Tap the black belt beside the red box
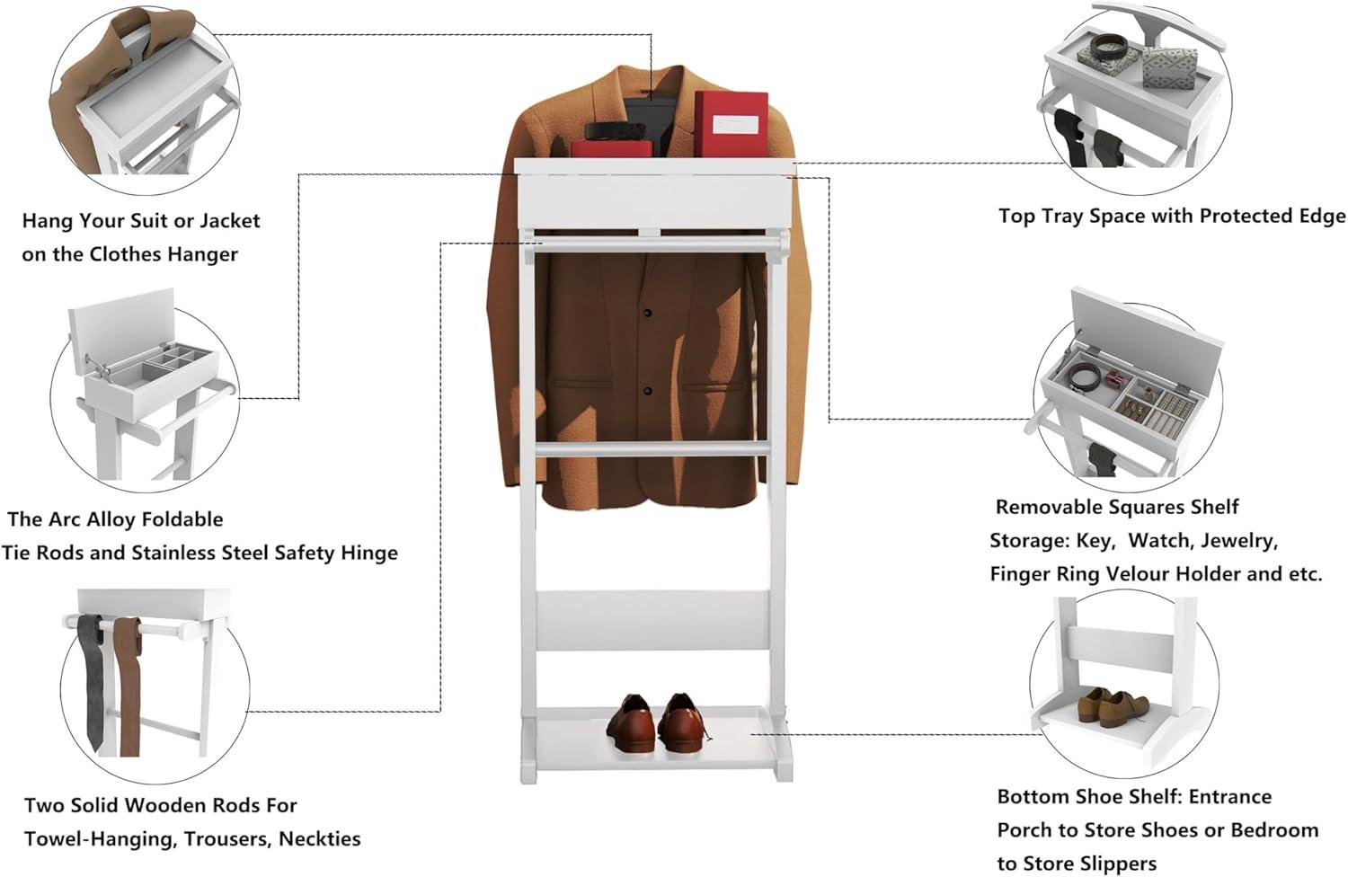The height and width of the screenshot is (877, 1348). pyautogui.click(x=616, y=131)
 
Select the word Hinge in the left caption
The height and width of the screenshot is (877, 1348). pyautogui.click(x=368, y=553)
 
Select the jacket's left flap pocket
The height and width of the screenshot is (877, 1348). pyautogui.click(x=580, y=385)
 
